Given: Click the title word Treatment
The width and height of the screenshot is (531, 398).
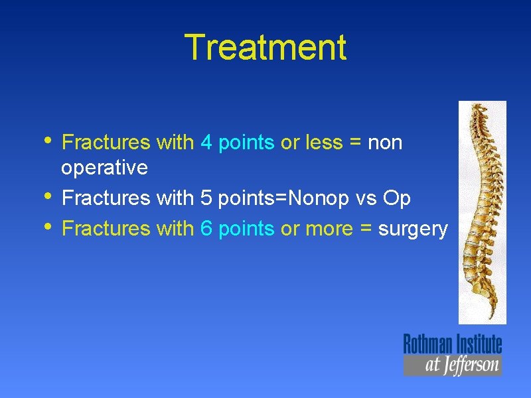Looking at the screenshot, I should coord(265,48).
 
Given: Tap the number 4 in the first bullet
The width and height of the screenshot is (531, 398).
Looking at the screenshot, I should coord(206,143).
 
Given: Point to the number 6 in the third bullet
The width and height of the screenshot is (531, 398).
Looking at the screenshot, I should coord(206,229).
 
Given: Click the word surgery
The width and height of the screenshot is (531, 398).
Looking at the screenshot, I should coord(413,230).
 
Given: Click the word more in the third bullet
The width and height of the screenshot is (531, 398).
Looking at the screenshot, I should coord(330,229).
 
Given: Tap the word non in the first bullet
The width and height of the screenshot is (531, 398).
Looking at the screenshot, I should coord(385,143).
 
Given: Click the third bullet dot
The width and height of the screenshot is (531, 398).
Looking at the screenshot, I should coord(49,226).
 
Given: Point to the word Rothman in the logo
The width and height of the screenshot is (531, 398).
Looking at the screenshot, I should coord(427,344).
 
